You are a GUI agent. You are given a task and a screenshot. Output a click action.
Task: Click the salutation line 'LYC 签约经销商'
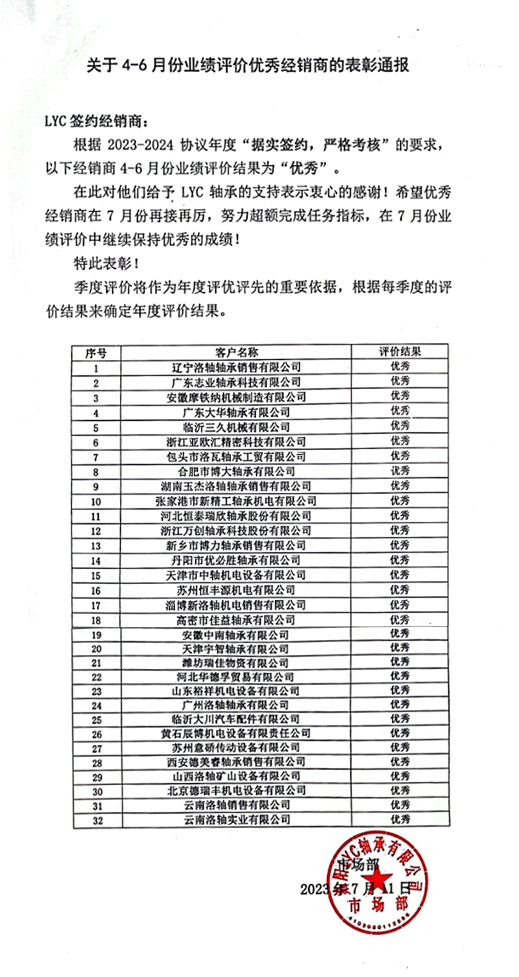(96, 121)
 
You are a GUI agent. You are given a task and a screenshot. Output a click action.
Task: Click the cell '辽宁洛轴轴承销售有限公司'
(236, 368)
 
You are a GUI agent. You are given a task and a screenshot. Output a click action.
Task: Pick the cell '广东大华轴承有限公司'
(236, 412)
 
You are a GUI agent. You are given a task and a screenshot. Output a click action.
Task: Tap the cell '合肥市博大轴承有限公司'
(236, 471)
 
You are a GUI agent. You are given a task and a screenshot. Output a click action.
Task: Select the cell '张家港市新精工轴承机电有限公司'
(236, 501)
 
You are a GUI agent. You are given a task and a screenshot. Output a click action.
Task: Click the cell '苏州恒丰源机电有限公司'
(236, 590)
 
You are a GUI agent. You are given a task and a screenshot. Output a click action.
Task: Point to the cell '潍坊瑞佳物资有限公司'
(236, 663)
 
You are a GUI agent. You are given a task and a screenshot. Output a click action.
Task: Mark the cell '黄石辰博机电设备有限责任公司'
(236, 733)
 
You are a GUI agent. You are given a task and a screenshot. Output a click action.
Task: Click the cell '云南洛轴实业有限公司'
(236, 820)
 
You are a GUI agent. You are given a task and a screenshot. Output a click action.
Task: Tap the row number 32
(97, 820)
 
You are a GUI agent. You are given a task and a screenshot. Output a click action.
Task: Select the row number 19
(97, 634)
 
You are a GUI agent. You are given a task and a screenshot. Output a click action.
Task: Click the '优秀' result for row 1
(400, 367)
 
